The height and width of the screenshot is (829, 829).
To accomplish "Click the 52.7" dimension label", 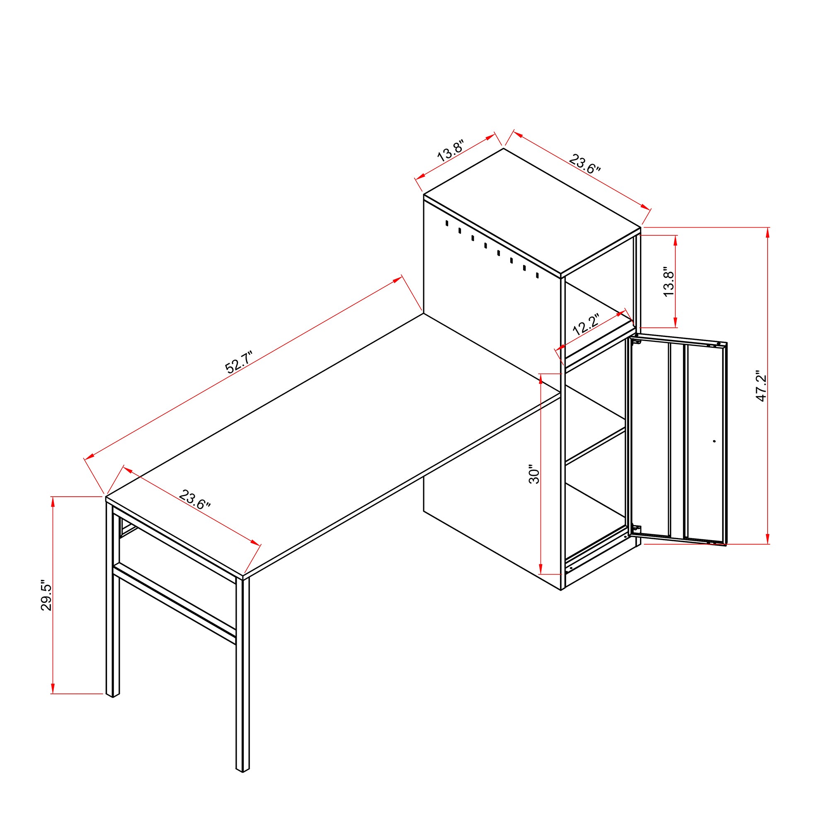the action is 240,362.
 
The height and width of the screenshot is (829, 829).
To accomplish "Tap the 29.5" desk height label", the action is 46,597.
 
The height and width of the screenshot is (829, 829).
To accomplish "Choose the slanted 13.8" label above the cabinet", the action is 451,150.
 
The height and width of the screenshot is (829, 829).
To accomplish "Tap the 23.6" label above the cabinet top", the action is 584,163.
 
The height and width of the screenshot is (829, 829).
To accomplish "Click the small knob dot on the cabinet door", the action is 714,441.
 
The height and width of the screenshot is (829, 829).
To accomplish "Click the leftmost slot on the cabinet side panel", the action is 447,223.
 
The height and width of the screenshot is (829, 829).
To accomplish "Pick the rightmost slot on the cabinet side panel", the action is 537,275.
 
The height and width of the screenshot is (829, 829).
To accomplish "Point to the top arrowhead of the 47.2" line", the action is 768,232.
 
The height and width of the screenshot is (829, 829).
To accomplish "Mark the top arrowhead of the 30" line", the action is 541,379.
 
